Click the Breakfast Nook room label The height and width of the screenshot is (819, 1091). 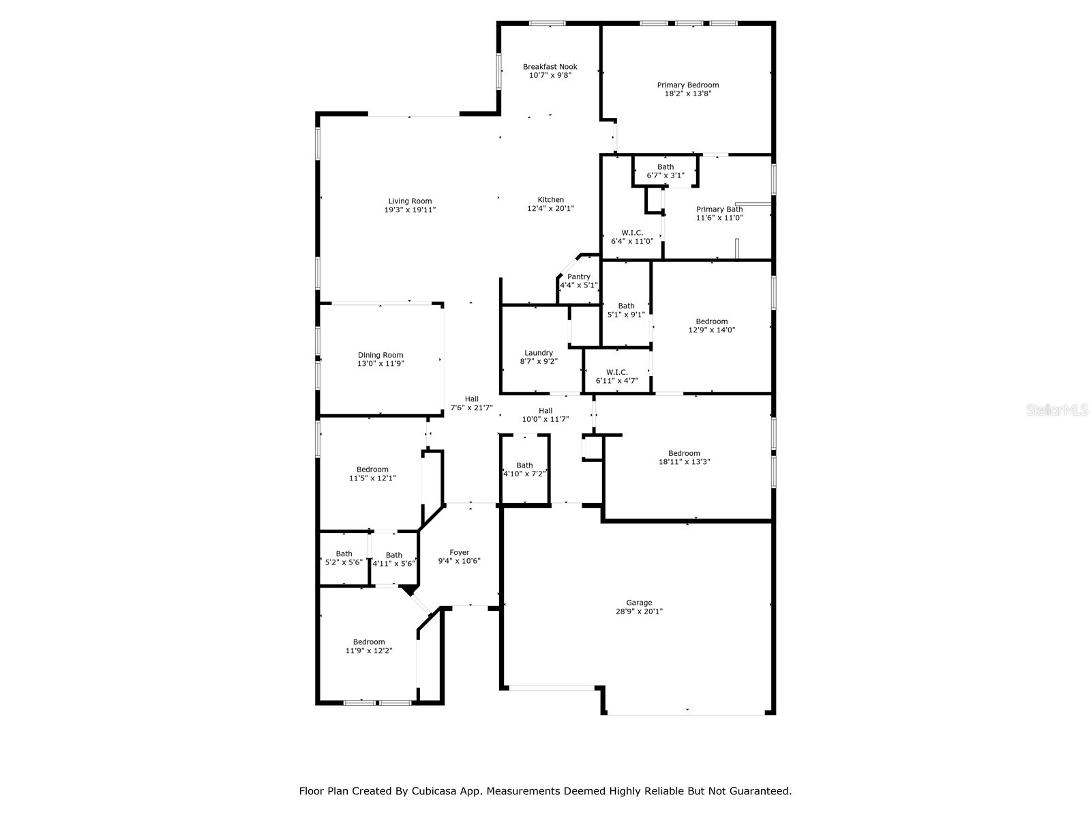[550, 67]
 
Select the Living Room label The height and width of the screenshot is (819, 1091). [410, 201]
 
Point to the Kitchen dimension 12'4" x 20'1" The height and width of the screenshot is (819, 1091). [550, 209]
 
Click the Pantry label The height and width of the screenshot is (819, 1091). [579, 276]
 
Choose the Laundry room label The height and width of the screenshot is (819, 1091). [539, 353]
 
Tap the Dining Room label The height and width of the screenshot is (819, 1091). [380, 355]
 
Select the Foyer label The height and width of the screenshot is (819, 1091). [459, 553]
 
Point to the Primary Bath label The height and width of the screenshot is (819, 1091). [719, 210]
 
